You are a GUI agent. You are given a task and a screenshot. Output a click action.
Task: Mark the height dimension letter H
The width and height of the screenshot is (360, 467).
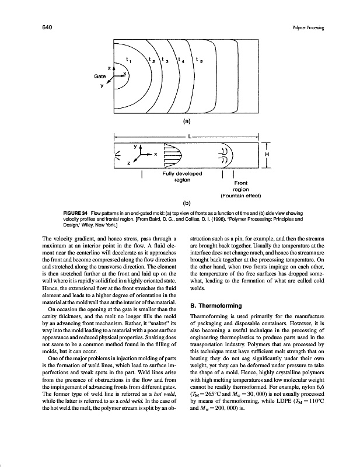click(x=268, y=154)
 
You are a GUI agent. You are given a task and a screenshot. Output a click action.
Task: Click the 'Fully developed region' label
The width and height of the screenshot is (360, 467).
click(x=184, y=177)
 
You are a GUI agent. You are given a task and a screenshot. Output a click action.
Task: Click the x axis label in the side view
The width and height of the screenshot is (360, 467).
click(x=156, y=154)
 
